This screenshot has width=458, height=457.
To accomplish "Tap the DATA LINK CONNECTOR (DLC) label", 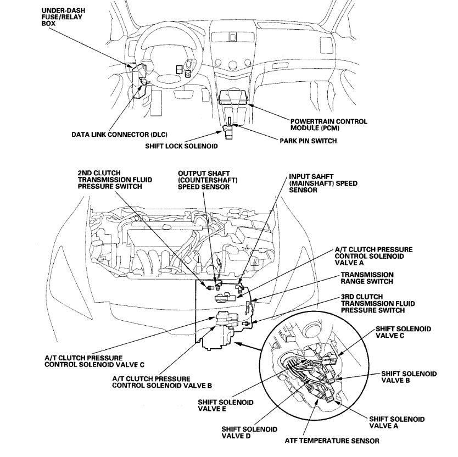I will pos(119,134).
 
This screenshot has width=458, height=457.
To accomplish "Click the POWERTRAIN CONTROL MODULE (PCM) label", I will pos(328,124).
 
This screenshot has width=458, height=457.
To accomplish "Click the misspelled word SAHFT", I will pos(320,177).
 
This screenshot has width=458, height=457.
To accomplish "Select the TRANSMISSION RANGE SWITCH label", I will pos(367,278).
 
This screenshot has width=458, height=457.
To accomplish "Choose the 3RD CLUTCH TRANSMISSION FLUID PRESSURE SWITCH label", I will pos(377,303).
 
